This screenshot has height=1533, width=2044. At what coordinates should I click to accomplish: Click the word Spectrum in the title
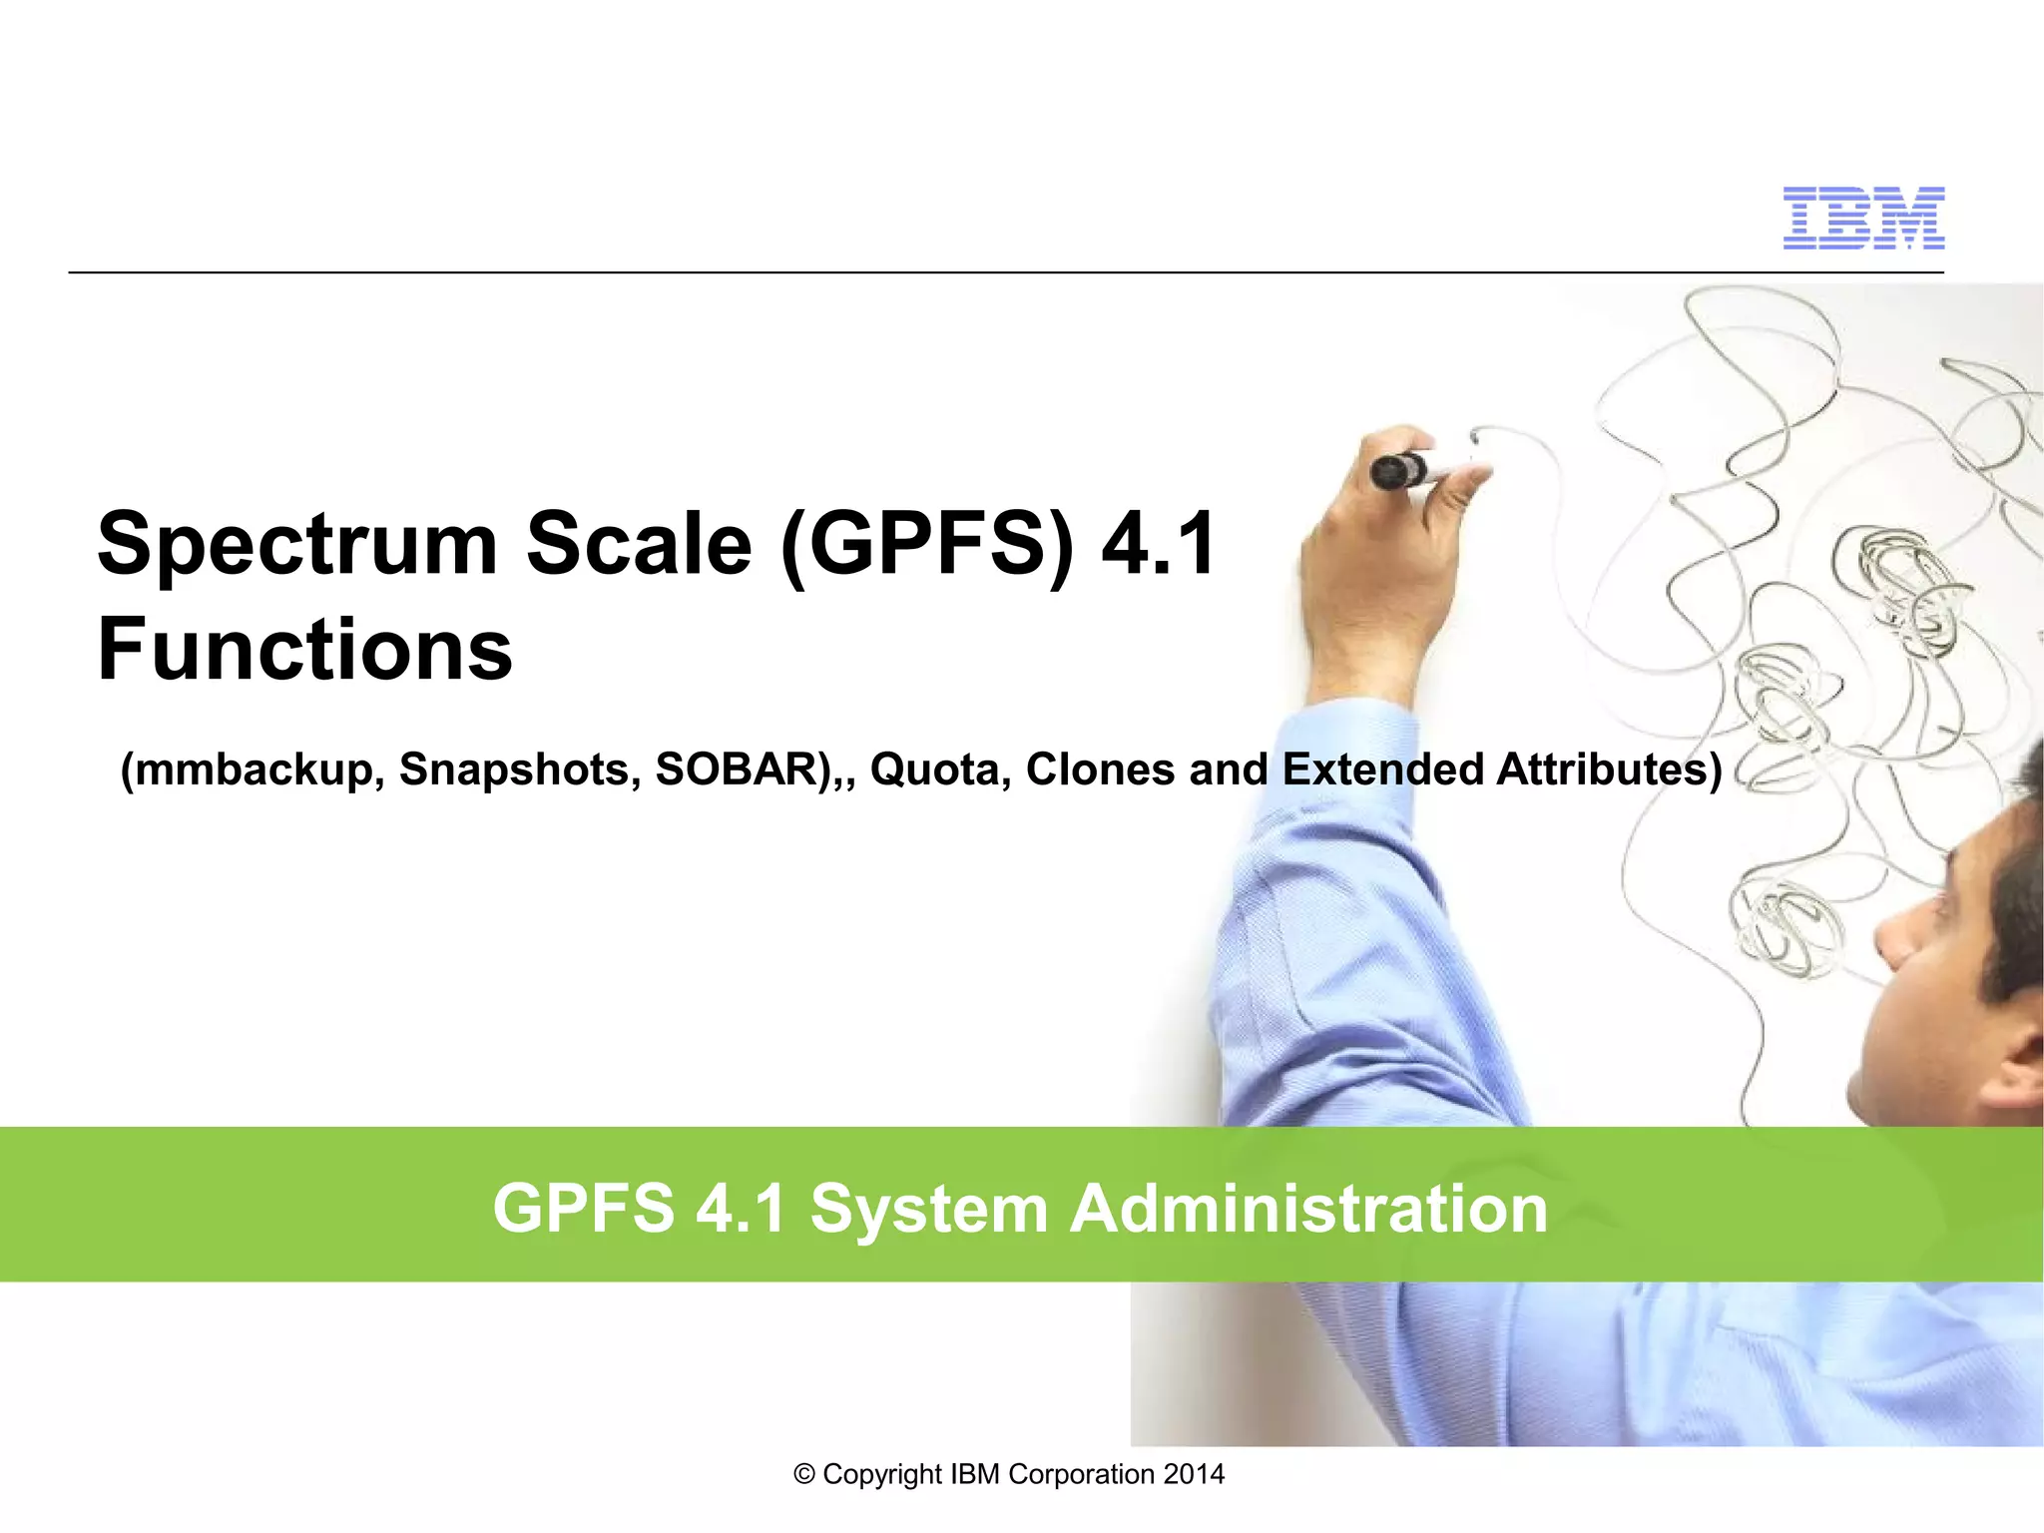click(296, 544)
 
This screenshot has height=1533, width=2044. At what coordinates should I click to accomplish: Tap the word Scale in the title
click(639, 544)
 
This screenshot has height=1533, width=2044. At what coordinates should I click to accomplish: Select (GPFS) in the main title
click(927, 544)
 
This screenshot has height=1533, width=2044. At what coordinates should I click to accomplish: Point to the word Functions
click(304, 650)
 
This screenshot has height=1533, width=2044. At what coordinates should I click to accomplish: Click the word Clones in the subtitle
click(1100, 769)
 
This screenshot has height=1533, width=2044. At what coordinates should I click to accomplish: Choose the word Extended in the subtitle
click(1382, 769)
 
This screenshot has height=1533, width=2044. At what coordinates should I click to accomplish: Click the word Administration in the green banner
click(1308, 1209)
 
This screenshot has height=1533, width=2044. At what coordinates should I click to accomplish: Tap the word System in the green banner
click(928, 1209)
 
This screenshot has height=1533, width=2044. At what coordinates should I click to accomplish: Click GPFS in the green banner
click(583, 1209)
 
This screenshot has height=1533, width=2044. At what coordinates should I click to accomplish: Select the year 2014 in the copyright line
click(1194, 1474)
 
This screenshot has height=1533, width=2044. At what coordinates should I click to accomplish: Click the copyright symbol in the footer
click(804, 1475)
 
